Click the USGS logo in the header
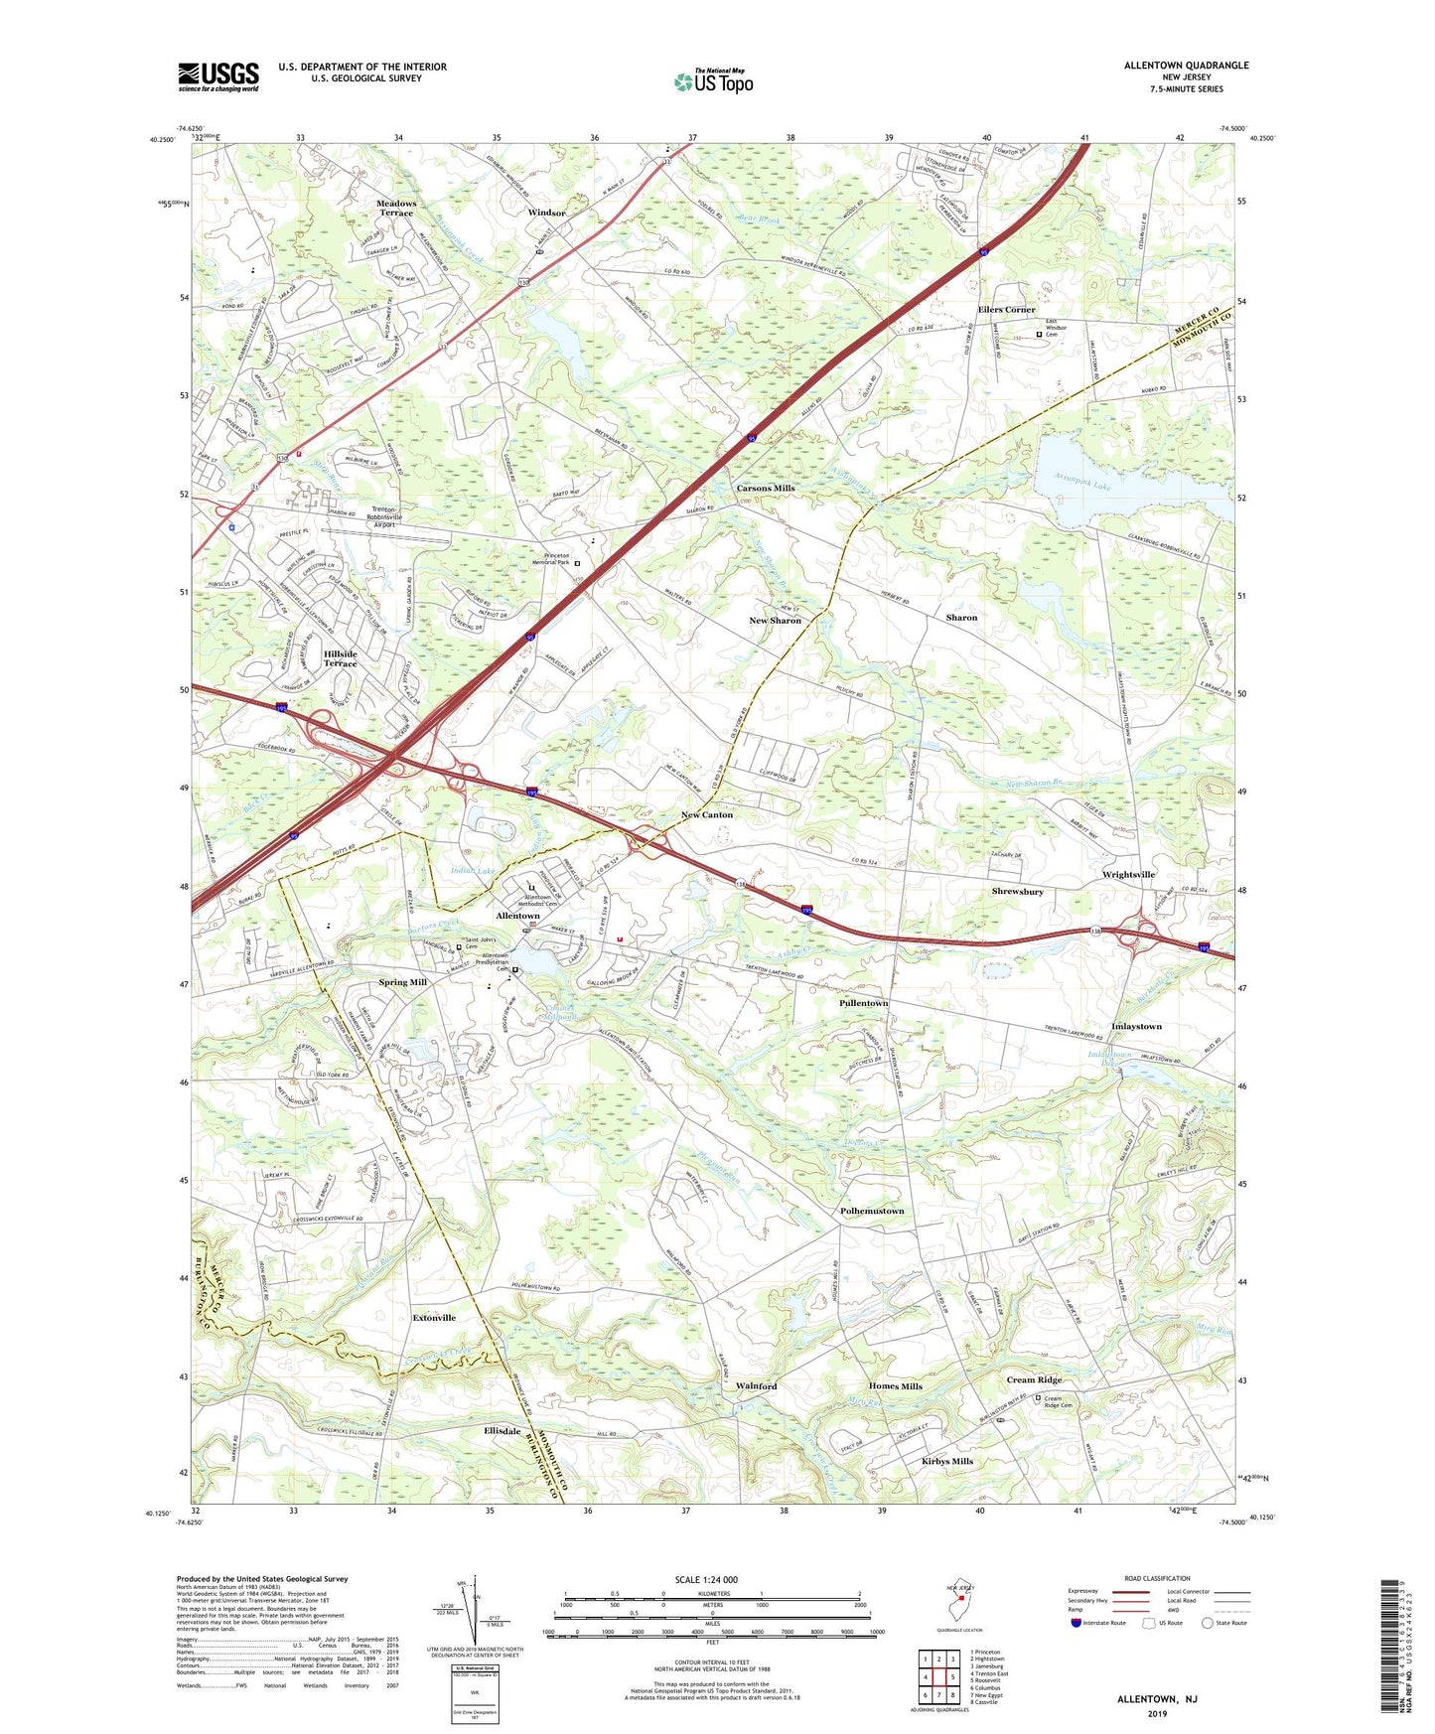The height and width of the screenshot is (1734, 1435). tap(218, 76)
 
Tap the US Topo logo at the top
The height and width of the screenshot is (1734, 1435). tap(713, 81)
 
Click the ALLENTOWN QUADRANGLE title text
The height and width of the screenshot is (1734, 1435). tap(1186, 66)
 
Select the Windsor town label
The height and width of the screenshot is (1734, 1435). tap(546, 213)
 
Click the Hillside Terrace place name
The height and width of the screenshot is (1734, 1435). tap(340, 658)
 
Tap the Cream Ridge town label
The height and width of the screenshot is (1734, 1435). tap(1034, 1379)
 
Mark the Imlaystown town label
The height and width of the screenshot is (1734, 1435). tap(1136, 1026)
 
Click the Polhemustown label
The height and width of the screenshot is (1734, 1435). tap(872, 1211)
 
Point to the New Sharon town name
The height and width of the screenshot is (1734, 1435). tap(775, 620)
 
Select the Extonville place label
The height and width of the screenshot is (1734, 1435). tap(434, 1317)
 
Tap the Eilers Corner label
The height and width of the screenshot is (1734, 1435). tap(1006, 310)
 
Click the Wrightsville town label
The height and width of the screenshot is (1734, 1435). tap(1128, 874)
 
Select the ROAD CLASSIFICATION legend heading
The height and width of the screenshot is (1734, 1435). tap(1157, 1578)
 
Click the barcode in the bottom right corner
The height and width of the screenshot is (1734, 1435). tap(1392, 1649)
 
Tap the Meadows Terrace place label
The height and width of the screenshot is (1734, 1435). tap(395, 208)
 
